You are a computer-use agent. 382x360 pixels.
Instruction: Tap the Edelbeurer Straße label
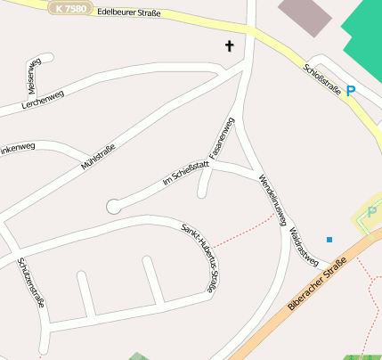tap(131, 12)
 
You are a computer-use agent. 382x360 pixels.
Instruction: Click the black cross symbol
tap(229, 45)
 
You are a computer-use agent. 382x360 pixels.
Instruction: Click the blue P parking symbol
tap(351, 90)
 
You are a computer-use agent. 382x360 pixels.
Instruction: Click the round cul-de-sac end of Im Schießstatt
tap(113, 206)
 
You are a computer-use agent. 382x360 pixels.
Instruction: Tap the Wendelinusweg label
tap(272, 199)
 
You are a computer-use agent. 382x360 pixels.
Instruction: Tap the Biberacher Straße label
tap(317, 285)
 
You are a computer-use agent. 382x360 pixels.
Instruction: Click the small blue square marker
tap(329, 240)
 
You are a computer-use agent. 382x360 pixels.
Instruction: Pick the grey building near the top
tap(305, 16)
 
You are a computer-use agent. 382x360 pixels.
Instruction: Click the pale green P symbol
tap(371, 212)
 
